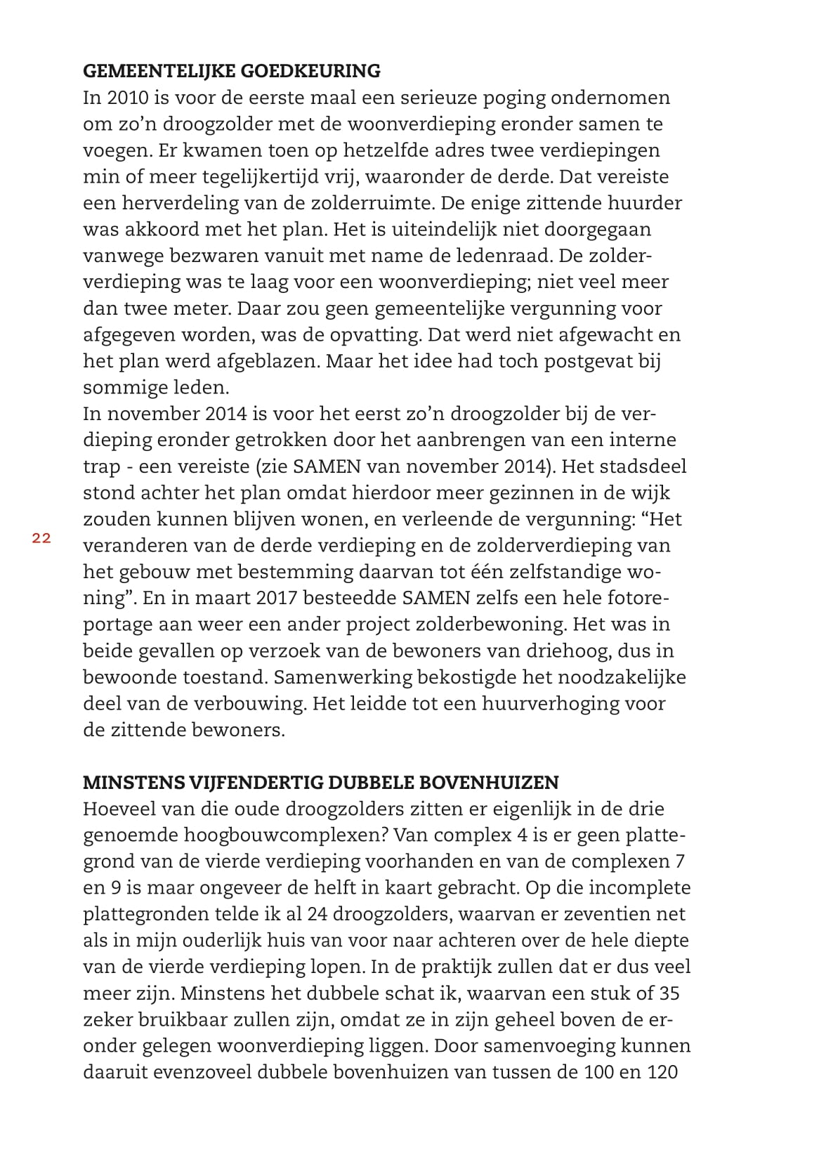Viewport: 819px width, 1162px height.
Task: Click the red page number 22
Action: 41,538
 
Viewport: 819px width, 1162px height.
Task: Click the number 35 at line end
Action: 667,993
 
